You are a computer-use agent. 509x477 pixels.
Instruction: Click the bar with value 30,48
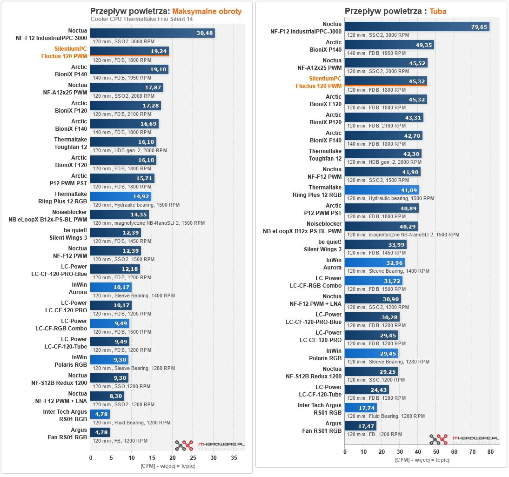click(x=153, y=33)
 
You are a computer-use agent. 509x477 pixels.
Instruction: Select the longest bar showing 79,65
click(x=417, y=27)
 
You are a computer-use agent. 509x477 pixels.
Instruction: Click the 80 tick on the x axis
click(x=490, y=452)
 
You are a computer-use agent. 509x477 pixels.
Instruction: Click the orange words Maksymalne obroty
click(x=207, y=12)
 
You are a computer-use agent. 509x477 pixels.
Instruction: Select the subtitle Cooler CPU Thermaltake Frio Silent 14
click(x=141, y=19)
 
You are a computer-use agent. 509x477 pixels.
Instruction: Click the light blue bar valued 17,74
click(x=361, y=408)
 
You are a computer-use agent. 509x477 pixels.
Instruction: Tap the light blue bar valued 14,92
click(x=121, y=196)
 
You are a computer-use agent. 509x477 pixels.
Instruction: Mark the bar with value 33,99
click(x=375, y=245)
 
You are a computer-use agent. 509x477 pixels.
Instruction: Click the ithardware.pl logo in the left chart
click(x=209, y=445)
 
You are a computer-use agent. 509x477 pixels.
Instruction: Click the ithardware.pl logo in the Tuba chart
click(x=464, y=439)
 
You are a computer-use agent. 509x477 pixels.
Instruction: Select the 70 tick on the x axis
click(x=472, y=452)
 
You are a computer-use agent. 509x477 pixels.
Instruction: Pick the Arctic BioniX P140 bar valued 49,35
click(x=389, y=45)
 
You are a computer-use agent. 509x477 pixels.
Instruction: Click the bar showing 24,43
click(x=367, y=390)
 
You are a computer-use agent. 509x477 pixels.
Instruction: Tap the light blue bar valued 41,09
click(x=382, y=190)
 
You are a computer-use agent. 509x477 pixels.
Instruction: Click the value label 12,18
click(x=129, y=269)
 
